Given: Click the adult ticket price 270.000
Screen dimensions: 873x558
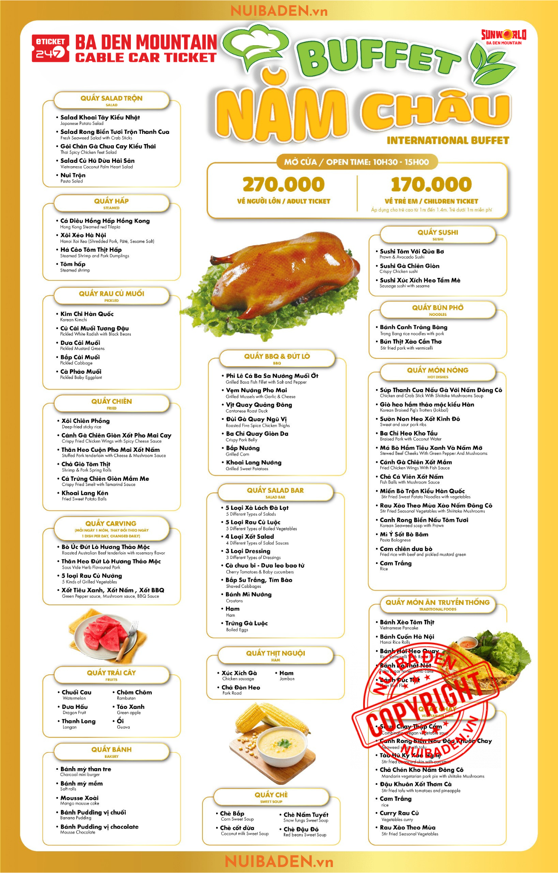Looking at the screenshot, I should (x=283, y=185).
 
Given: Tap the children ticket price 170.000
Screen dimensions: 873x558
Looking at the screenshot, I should (x=431, y=185).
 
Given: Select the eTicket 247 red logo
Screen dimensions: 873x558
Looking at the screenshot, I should (x=50, y=49).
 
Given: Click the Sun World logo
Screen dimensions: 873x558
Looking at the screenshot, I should (x=503, y=37).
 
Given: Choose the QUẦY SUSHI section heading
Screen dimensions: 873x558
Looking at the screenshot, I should (x=438, y=233).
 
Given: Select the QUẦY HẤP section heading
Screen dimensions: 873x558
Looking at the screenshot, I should (x=111, y=202).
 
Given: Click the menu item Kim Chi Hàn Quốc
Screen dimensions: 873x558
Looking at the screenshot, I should (x=87, y=314).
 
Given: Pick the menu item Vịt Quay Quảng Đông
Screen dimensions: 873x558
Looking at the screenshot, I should (x=259, y=405).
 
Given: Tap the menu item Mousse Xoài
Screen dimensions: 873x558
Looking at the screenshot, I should (x=79, y=798).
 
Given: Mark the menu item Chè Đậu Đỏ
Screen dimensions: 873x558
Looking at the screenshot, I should (x=301, y=829).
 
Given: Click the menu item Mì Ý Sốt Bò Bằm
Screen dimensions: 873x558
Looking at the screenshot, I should (x=404, y=535).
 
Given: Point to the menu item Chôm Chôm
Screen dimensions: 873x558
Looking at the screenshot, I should (x=134, y=693).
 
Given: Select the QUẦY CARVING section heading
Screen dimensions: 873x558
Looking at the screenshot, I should (x=111, y=523).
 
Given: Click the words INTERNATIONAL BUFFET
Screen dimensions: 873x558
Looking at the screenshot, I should (x=448, y=141).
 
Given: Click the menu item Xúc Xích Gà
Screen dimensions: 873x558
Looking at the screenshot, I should (x=239, y=673).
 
